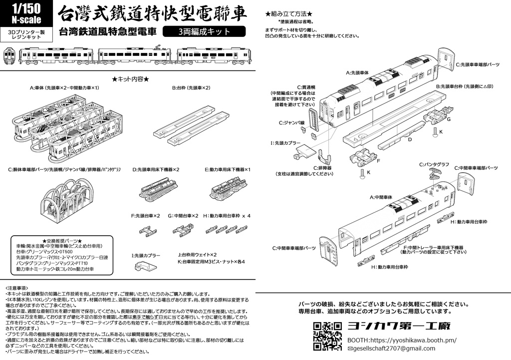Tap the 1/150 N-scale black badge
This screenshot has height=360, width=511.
pyautogui.click(x=26, y=14)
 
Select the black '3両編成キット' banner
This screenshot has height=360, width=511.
pyautogui.click(x=207, y=31)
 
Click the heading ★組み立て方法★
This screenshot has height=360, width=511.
pyautogui.click(x=289, y=14)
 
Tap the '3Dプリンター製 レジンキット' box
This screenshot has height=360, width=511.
pyautogui.click(x=26, y=34)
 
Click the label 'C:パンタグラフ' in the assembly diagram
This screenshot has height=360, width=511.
pyautogui.click(x=434, y=164)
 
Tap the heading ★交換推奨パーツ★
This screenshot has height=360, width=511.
pyautogui.click(x=62, y=241)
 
